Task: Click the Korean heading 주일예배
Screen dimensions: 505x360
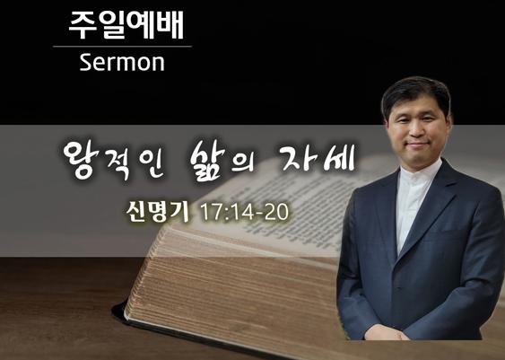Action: [126, 25]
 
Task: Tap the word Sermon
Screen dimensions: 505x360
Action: [122, 62]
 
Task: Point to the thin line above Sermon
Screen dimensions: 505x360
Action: [122, 47]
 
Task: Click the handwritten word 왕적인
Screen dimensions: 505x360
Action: [113, 160]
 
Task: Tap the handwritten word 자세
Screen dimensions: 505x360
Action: [318, 159]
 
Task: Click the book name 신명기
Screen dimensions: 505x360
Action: [158, 212]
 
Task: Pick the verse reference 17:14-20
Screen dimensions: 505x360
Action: [245, 212]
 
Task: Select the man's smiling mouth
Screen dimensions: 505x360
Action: [418, 144]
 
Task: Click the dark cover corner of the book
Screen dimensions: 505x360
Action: [120, 310]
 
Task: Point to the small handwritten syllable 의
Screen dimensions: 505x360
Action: [244, 162]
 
